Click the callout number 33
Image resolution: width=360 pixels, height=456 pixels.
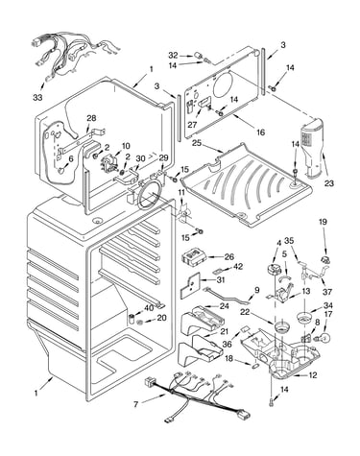coord(37,97)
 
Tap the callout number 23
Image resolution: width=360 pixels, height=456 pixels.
coord(329,183)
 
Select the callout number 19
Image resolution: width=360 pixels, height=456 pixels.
coord(323,222)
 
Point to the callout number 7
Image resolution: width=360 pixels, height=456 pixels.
coord(136,404)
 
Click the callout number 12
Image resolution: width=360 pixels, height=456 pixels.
coord(312,375)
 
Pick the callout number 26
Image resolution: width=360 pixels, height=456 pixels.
coord(229,256)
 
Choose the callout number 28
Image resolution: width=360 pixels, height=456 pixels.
coord(91,118)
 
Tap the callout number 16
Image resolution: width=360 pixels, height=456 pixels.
coord(261,132)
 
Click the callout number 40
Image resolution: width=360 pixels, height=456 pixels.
coord(149,308)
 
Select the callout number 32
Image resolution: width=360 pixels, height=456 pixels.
coord(173,56)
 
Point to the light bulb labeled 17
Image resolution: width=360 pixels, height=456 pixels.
coord(324,337)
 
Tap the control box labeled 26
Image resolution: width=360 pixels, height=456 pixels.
coord(193,257)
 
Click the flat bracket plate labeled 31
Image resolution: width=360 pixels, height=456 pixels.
coord(190,285)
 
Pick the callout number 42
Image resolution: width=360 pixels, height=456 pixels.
coord(238,266)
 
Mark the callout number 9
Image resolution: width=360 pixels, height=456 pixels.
coord(257,291)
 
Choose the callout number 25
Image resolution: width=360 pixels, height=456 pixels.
coord(197,142)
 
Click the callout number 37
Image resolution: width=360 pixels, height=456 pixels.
coord(327,292)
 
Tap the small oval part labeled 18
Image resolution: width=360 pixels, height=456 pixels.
coord(256,365)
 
